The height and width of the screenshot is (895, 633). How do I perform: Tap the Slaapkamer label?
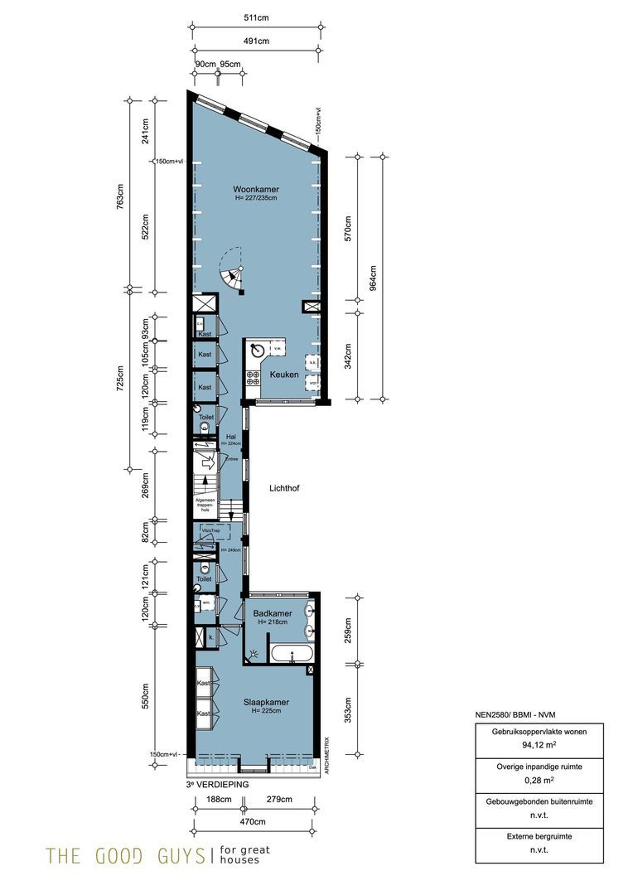(x=266, y=702)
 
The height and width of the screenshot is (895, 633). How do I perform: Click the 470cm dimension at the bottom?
(x=253, y=821)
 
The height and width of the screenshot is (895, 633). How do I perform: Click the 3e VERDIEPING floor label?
(x=217, y=782)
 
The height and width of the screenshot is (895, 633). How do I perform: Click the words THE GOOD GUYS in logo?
(x=124, y=855)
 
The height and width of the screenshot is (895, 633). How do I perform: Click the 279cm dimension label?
(x=280, y=800)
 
